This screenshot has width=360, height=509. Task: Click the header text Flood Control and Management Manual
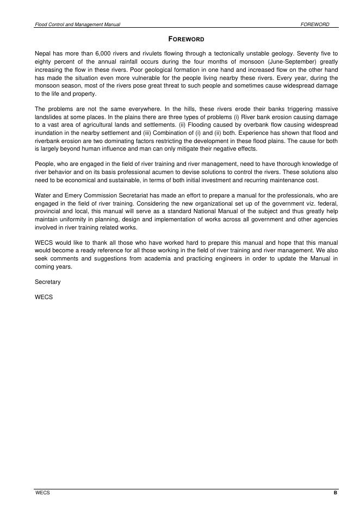pyautogui.click(x=77, y=24)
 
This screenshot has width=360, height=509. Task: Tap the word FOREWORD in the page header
pyautogui.click(x=315, y=24)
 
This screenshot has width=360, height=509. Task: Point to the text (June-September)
pyautogui.click(x=291, y=62)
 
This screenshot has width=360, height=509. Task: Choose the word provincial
pyautogui.click(x=48, y=210)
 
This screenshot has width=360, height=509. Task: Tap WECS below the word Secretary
pyautogui.click(x=43, y=297)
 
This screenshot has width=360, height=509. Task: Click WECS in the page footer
pyautogui.click(x=42, y=493)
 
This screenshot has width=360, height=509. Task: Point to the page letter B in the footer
pyautogui.click(x=336, y=493)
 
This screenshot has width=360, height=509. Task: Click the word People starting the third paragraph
pyautogui.click(x=45, y=164)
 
